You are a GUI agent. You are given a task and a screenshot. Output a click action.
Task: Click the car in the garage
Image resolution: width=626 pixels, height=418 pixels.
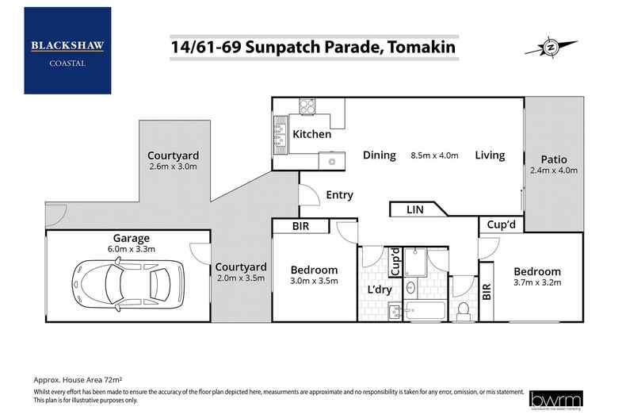pyautogui.click(x=124, y=278)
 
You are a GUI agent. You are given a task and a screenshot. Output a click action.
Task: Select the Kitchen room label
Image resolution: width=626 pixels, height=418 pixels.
pyautogui.click(x=312, y=134)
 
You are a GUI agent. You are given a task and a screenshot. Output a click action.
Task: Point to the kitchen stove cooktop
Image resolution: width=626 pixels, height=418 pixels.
pyautogui.click(x=306, y=105)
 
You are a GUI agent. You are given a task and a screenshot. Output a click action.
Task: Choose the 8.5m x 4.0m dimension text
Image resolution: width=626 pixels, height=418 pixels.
pyautogui.click(x=435, y=155)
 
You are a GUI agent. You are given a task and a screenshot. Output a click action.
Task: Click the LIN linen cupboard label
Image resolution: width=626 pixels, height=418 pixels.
pyautogui.click(x=414, y=209)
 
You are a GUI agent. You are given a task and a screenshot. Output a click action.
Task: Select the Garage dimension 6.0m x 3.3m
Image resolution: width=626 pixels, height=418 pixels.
pyautogui.click(x=131, y=250)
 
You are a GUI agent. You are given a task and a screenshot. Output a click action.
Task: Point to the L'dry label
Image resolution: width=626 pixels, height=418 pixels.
pyautogui.click(x=380, y=290)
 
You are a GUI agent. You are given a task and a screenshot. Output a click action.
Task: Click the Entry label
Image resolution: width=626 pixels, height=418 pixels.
pyautogui.click(x=339, y=195)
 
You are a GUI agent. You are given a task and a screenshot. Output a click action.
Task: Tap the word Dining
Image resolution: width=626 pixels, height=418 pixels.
pyautogui.click(x=380, y=155)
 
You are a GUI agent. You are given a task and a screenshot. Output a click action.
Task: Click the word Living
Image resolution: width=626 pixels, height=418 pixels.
pyautogui.click(x=490, y=155)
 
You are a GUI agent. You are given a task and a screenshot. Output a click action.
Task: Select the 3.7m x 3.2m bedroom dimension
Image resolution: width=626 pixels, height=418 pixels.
pyautogui.click(x=536, y=283)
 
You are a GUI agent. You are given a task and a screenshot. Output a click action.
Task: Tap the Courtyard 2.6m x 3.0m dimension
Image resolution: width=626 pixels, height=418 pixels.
pyautogui.click(x=173, y=167)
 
